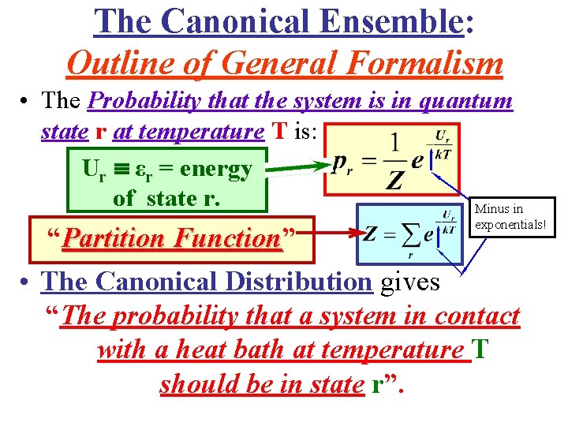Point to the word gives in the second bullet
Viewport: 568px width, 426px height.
[x=410, y=282]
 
